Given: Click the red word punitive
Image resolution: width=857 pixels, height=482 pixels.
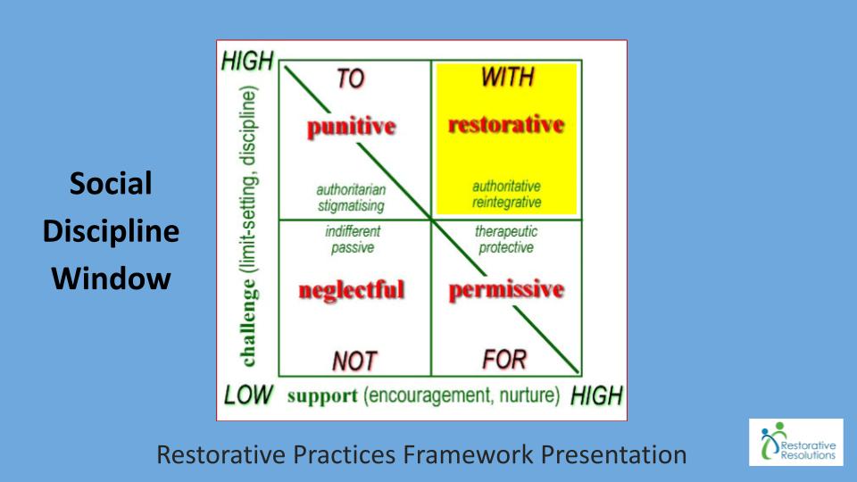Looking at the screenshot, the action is click(352, 127).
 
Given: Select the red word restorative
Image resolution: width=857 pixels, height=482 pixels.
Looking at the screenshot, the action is click(506, 125).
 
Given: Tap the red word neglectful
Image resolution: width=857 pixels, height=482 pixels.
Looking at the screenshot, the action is click(352, 289).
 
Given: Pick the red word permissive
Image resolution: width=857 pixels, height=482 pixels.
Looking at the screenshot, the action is click(506, 289).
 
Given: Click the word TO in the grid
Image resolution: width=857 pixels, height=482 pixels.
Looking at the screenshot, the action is click(350, 79).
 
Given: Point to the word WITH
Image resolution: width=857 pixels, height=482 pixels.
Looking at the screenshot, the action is click(508, 77).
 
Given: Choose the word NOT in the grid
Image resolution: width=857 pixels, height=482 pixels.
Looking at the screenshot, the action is click(354, 361).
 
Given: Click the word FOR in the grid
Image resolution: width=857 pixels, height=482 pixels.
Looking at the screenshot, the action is click(504, 360).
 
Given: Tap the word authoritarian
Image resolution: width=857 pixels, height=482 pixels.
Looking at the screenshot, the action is click(351, 189).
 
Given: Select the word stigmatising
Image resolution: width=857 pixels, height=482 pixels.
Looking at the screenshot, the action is click(351, 206).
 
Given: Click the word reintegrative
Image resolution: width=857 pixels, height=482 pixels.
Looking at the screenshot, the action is click(507, 203).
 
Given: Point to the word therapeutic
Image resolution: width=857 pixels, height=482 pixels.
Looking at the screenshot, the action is click(506, 232).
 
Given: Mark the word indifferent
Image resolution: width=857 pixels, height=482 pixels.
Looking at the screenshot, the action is click(353, 231).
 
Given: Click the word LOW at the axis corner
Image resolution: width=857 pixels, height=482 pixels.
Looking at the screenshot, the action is click(248, 395).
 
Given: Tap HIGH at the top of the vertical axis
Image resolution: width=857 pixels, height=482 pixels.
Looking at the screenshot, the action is click(247, 61).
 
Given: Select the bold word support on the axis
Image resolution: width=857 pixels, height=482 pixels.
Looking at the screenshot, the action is click(322, 395).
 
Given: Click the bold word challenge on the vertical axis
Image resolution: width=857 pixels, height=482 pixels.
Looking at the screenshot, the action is click(247, 323).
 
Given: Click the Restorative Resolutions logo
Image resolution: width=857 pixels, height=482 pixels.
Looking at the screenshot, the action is click(795, 442).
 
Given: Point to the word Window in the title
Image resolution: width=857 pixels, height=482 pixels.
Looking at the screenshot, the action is click(111, 278).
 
